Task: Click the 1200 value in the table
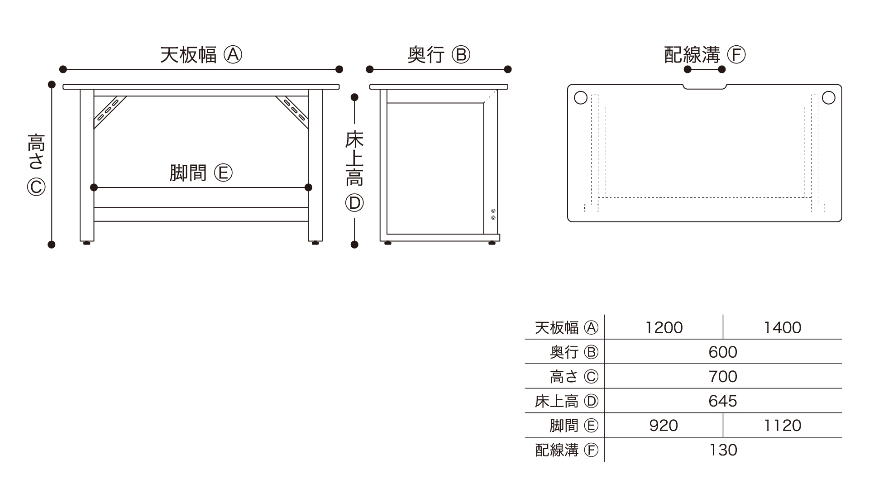pos(664,327)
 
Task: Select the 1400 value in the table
pos(782,327)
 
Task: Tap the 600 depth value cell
pos(723,352)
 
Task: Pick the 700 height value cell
pos(723,376)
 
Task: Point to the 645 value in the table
pos(723,401)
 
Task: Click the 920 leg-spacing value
pos(664,425)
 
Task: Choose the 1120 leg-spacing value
pos(782,425)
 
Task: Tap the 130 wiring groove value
pos(723,450)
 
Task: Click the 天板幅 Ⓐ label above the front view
pos(201,55)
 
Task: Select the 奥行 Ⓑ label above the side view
pos(439,55)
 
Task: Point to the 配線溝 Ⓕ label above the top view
pos(704,55)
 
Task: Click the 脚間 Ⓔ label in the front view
pos(201,173)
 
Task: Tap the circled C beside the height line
pos(36,187)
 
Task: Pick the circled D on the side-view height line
pos(354,203)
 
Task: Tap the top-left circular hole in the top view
pos(580,97)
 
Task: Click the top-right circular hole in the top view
pos(828,97)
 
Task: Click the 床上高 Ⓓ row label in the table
pos(566,401)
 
